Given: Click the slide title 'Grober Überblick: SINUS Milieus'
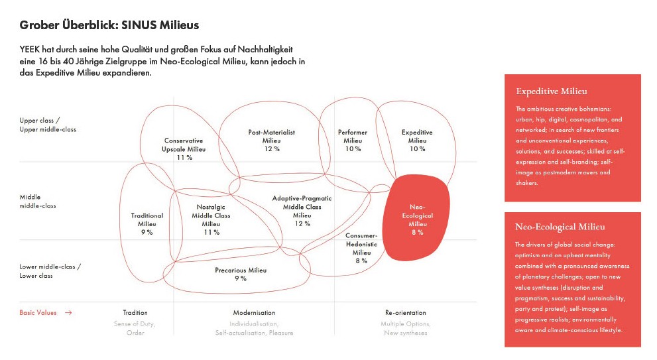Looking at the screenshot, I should pyautogui.click(x=109, y=25).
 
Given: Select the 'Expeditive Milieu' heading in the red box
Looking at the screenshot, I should pyautogui.click(x=551, y=91).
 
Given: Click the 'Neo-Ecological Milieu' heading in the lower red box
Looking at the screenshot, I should pyautogui.click(x=560, y=227).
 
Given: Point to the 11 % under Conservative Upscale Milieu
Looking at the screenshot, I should pyautogui.click(x=184, y=158).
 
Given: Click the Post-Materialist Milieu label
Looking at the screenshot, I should pyautogui.click(x=272, y=141).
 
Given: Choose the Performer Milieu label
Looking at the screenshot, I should pyautogui.click(x=353, y=141).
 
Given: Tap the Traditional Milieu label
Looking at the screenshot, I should pyautogui.click(x=147, y=224).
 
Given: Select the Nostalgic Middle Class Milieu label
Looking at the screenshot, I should pyautogui.click(x=211, y=219).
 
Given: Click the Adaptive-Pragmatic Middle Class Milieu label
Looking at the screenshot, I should pyautogui.click(x=302, y=211).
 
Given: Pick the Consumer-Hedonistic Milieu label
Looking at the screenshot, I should pyautogui.click(x=361, y=248).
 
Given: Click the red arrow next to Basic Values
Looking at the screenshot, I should pyautogui.click(x=68, y=313).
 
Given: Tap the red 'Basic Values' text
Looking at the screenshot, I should pyautogui.click(x=38, y=313).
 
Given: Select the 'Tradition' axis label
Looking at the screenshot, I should pyautogui.click(x=135, y=313).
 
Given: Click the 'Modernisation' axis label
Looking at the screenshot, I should pyautogui.click(x=254, y=313).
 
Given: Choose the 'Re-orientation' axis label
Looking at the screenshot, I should pyautogui.click(x=405, y=313).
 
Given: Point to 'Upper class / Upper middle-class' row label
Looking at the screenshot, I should pyautogui.click(x=48, y=125).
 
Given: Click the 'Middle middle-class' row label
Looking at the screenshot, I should pyautogui.click(x=37, y=201).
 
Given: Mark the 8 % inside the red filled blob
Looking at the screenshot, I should pyautogui.click(x=417, y=233).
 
